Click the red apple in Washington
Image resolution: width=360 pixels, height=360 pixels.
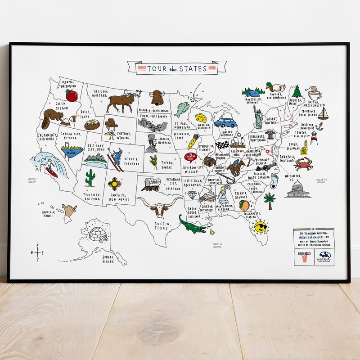[72, 95]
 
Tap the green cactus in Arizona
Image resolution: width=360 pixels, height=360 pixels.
[90, 178]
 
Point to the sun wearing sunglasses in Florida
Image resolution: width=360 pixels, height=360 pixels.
[260, 226]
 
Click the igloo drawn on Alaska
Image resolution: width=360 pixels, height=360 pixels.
[98, 234]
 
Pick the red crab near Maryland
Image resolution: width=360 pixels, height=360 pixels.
[303, 164]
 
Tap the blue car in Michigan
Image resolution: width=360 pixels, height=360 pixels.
[225, 123]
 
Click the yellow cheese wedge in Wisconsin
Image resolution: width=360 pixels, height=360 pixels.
[201, 118]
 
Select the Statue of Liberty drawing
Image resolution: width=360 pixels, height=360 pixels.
[258, 117]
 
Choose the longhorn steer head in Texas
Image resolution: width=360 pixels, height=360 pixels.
[159, 207]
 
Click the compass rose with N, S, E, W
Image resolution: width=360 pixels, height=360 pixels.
[37, 252]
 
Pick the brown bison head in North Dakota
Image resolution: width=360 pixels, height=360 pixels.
[157, 97]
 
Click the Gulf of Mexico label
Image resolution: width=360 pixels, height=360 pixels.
[218, 246]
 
